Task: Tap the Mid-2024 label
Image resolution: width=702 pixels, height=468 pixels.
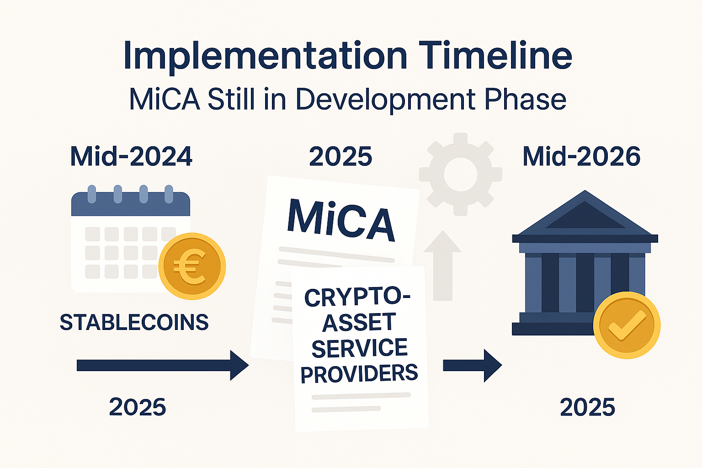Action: [x=131, y=156]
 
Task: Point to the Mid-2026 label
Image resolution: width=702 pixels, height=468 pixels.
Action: [x=582, y=156]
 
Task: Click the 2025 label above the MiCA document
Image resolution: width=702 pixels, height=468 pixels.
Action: [x=340, y=156]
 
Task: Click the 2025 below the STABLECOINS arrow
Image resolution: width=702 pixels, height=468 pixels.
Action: [x=137, y=407]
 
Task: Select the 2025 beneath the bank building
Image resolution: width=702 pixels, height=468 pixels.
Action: [x=587, y=407]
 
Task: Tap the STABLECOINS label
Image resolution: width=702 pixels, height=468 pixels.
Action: [x=134, y=322]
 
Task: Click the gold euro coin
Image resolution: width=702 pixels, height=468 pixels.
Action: [x=192, y=266]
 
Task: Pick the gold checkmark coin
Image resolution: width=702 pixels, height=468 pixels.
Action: [x=627, y=325]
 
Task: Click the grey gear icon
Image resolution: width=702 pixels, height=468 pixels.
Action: [x=460, y=174]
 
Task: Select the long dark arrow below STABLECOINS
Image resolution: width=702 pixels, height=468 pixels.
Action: [x=163, y=366]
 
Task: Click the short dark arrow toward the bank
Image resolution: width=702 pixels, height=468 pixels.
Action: [x=473, y=366]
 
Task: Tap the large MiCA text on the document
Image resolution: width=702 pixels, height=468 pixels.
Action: [x=340, y=220]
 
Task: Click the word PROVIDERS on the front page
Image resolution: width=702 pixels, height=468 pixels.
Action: [x=359, y=374]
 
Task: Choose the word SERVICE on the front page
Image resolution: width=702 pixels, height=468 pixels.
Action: [x=360, y=348]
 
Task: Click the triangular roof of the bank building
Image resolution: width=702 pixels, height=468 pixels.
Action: [x=585, y=213]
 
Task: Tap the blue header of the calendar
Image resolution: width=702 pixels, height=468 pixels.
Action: [x=131, y=204]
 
